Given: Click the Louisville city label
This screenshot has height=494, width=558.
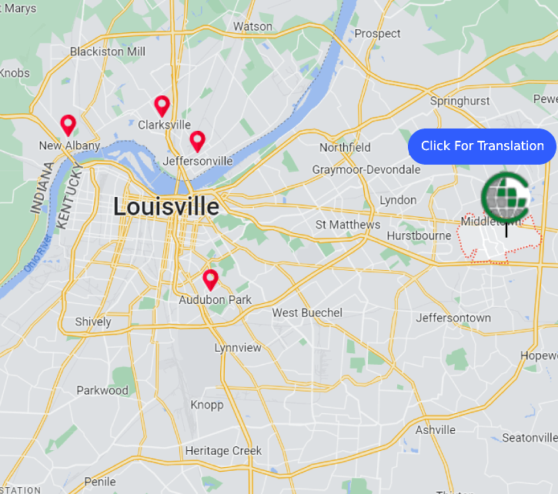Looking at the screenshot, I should (165, 206).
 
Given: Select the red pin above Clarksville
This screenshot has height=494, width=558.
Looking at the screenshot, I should (162, 105).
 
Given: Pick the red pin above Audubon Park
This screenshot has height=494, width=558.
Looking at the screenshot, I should (210, 279).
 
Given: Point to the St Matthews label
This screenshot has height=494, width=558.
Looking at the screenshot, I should (348, 225).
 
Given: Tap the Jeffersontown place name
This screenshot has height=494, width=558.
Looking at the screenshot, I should (453, 318).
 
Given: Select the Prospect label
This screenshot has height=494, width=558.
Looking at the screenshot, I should (377, 34).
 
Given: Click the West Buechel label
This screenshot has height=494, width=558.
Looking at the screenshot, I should (307, 312).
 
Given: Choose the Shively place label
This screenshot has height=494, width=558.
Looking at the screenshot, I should (93, 322).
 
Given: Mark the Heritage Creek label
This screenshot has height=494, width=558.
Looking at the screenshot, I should (223, 451).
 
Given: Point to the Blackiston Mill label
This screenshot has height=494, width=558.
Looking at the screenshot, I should (107, 52).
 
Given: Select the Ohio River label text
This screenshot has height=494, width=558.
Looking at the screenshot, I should (36, 253).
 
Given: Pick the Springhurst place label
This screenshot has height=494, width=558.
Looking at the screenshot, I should (459, 101).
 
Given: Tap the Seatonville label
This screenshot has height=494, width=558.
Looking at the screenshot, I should (529, 438).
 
